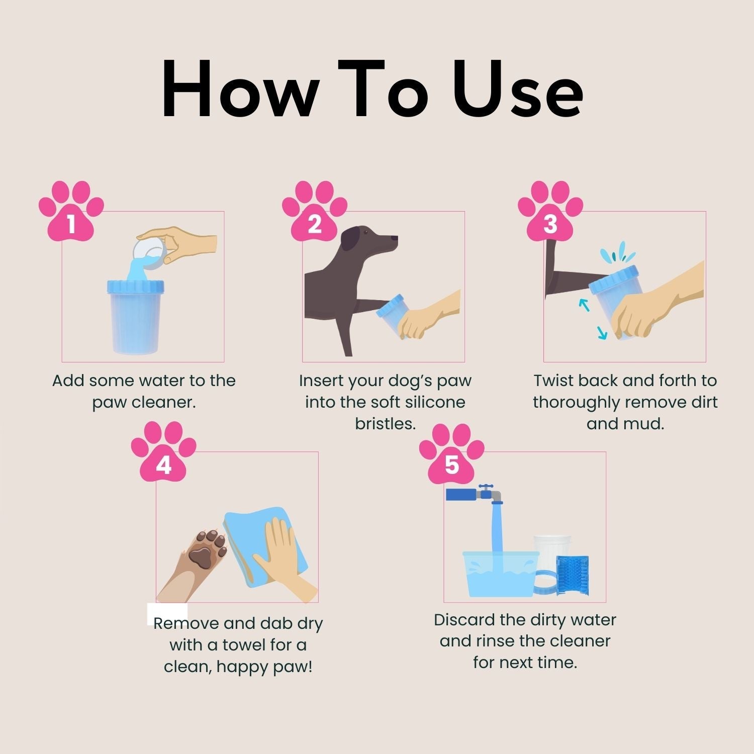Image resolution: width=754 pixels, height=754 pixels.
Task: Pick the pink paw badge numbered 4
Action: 163,455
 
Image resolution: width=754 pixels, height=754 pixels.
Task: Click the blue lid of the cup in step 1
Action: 135,287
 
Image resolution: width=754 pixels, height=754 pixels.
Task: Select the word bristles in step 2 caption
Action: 385,424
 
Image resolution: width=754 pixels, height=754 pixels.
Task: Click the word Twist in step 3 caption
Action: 553,381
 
